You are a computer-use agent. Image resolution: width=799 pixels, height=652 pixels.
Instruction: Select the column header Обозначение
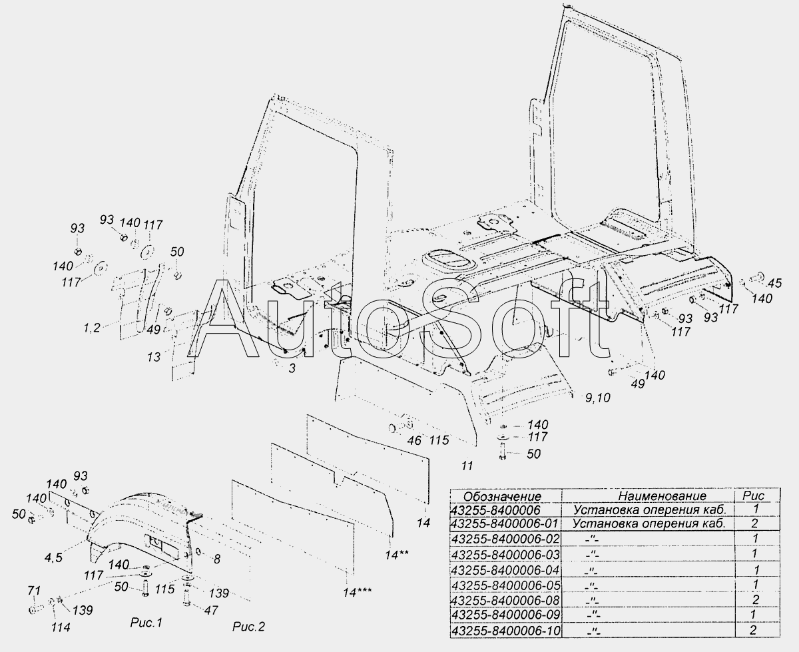tap(502, 496)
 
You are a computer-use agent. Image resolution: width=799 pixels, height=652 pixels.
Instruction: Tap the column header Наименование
tap(663, 496)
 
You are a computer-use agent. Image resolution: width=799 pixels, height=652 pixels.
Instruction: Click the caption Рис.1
tap(146, 623)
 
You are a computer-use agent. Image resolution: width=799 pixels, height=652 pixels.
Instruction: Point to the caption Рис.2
tap(248, 627)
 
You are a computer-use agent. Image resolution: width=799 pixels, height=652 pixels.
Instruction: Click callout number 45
tap(774, 283)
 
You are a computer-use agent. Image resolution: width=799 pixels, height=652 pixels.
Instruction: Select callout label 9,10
tap(598, 398)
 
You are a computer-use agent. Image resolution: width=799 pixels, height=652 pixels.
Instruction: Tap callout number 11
tap(467, 466)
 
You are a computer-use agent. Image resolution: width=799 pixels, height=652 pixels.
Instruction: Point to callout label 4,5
tap(53, 557)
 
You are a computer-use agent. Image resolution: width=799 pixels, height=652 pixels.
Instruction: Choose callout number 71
tap(34, 591)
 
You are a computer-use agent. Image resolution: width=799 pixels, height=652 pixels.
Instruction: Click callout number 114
tap(61, 627)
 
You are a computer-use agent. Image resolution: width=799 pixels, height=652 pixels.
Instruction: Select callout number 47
tap(211, 610)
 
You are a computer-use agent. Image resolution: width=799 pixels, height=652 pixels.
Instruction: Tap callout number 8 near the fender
tap(216, 559)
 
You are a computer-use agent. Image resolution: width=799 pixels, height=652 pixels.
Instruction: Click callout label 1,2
tap(92, 328)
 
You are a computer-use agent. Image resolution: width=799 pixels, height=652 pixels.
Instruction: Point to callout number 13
tap(154, 357)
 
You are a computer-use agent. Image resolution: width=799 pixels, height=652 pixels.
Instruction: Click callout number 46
tap(414, 440)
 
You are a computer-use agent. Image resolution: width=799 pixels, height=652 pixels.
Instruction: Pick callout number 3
tap(292, 368)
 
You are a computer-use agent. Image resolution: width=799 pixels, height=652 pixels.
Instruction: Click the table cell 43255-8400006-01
tap(505, 523)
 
